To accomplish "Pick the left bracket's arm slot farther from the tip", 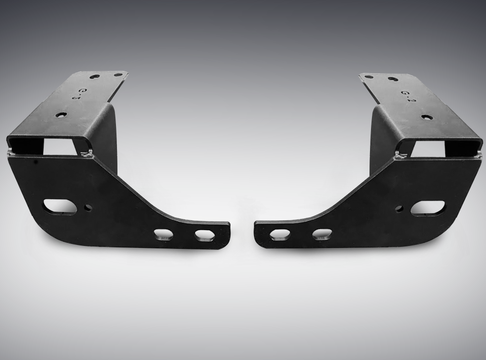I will (x=163, y=234).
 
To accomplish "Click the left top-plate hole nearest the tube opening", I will (x=60, y=115).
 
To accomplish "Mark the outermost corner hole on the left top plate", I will (x=118, y=75).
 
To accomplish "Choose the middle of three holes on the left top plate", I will (x=95, y=77).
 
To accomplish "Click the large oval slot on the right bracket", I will (x=428, y=208).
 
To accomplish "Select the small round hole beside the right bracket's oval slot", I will (x=399, y=209).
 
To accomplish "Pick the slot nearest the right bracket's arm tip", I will (x=280, y=235).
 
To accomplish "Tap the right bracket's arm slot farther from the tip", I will (x=322, y=234).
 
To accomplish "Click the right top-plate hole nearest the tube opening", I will (x=427, y=118).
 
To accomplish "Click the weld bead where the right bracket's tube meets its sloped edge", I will (x=399, y=156).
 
